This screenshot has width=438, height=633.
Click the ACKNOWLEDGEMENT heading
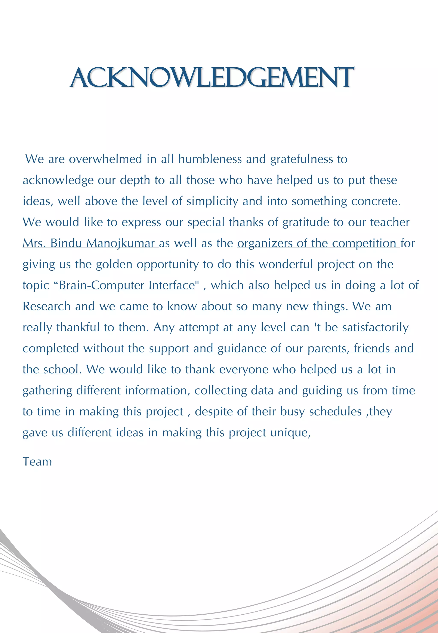[212, 77]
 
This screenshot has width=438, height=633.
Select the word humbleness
[210, 159]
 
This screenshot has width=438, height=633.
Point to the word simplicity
[212, 202]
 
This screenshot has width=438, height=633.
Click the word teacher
[390, 222]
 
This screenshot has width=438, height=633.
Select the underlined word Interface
[172, 286]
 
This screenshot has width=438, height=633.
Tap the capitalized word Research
[47, 306]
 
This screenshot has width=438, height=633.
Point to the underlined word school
[61, 369]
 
